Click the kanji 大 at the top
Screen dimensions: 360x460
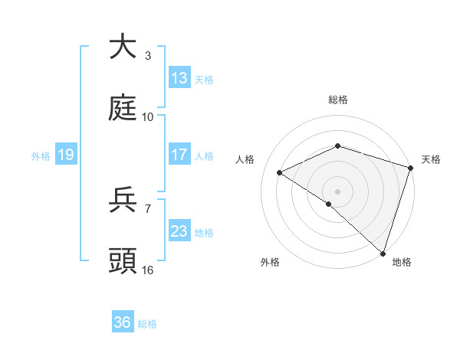pos(123,47)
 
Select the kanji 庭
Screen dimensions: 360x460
pos(123,108)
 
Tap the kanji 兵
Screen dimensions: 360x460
pos(123,200)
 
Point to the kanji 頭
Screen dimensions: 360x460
pos(123,261)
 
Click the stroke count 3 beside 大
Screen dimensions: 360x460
pos(148,56)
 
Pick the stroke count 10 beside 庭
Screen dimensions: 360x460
pos(148,117)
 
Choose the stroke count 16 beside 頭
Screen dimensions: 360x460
pos(148,270)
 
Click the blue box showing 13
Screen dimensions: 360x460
pos(179,78)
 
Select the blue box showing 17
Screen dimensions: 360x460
pos(179,155)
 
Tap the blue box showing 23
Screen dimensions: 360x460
pos(179,231)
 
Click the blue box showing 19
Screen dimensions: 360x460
pos(66,155)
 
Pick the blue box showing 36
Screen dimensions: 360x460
pos(123,322)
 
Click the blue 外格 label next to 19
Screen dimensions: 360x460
pos(41,155)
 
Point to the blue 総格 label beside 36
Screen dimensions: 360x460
pos(147,323)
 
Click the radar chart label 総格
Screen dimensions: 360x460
pos(337,100)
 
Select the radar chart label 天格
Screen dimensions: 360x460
pos(431,159)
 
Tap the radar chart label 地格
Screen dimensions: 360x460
pos(402,262)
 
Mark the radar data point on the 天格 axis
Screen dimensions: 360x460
pos(411,168)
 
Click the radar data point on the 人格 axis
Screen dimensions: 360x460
pos(280,172)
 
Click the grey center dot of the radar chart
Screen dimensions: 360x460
pos(337,191)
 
